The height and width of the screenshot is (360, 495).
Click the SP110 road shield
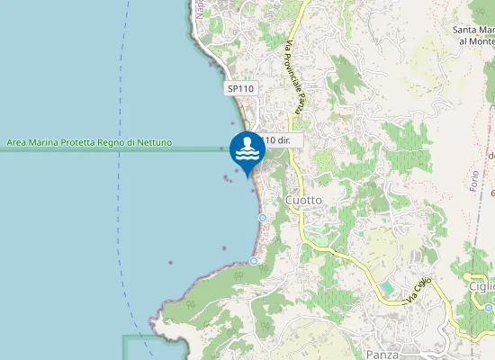(x=240, y=88)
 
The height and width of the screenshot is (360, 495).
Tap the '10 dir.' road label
(x=281, y=140)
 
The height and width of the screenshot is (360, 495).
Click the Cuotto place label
(x=303, y=199)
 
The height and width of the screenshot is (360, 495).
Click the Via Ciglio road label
(x=419, y=290)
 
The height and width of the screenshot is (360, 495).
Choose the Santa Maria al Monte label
(x=475, y=35)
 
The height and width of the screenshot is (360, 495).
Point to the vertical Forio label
(x=474, y=178)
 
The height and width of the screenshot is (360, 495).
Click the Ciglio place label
(x=481, y=286)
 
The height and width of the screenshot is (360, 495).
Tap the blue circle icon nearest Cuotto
(x=262, y=218)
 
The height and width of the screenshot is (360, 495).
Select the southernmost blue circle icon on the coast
(x=255, y=261)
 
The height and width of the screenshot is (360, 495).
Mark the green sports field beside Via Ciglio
(x=386, y=287)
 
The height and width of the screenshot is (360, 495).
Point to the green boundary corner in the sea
(x=124, y=337)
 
